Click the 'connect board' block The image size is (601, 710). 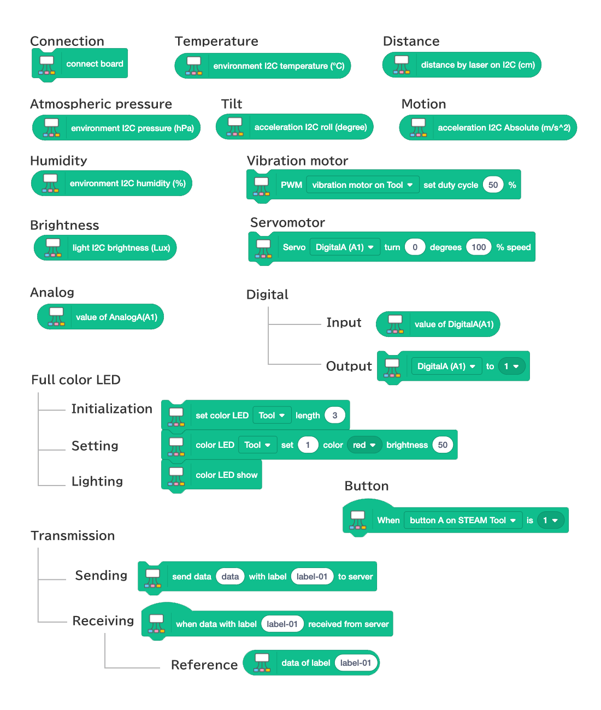80,64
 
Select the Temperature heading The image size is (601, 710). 216,41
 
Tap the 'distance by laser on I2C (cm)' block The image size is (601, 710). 462,65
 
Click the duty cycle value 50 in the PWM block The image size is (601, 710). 493,185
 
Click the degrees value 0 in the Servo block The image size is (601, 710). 415,247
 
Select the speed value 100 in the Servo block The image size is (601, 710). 478,247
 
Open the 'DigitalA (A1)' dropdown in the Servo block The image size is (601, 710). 345,247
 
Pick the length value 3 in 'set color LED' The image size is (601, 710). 335,415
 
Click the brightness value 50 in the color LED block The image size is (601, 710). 443,445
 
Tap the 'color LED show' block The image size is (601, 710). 211,475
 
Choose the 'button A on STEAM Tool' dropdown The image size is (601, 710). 463,520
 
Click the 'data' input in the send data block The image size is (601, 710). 230,576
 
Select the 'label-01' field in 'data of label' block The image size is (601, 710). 356,662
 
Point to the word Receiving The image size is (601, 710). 103,620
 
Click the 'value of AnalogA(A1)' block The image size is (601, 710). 101,317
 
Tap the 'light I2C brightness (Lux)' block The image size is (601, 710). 105,247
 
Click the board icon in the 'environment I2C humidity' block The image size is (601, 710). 50,183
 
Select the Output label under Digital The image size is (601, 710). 349,366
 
